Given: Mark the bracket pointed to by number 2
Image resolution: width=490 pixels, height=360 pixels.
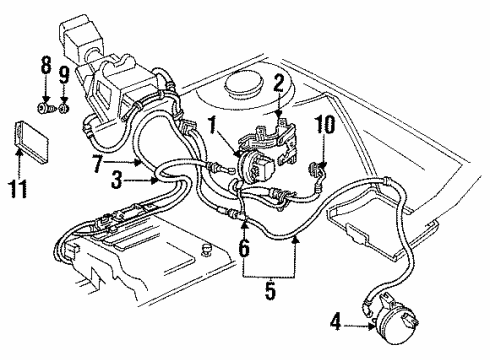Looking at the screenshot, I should pos(285,135).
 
